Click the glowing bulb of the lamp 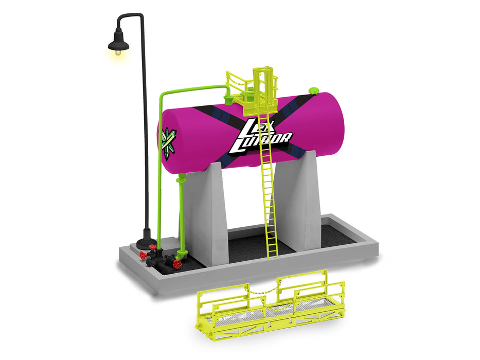pos(118,52)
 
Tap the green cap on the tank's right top pos(313,91)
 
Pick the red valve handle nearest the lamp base pos(143,255)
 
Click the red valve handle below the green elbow pos(176,264)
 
